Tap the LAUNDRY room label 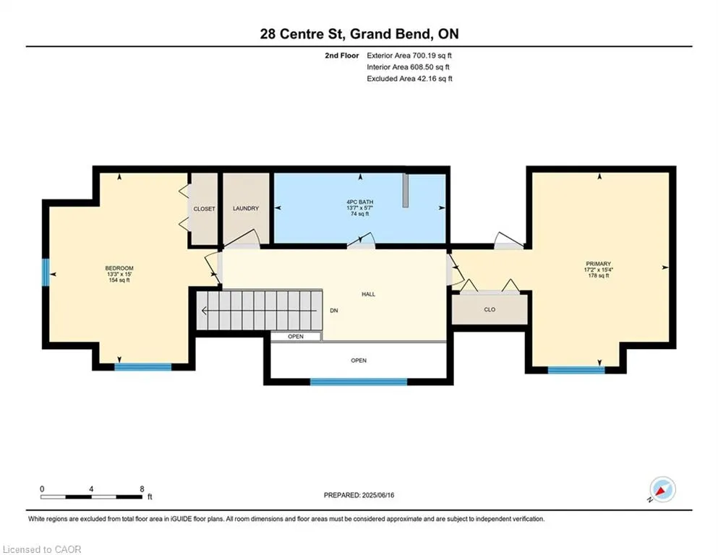tap(246, 208)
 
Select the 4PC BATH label tap(360, 202)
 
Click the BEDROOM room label tap(119, 268)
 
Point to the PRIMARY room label tap(599, 264)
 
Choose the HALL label tap(369, 294)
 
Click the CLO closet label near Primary tap(490, 309)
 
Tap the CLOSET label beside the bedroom tap(204, 209)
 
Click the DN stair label tap(334, 310)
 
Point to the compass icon tap(662, 489)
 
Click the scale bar tap(92, 496)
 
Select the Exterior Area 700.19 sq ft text tap(409, 56)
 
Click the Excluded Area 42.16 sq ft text tap(410, 78)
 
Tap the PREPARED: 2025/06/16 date tap(359, 495)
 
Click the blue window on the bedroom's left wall tap(46, 272)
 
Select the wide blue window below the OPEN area tap(359, 382)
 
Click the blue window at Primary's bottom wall tap(576, 370)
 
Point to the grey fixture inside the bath tap(405, 190)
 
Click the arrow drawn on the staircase tap(259, 311)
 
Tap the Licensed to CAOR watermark tap(42, 549)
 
